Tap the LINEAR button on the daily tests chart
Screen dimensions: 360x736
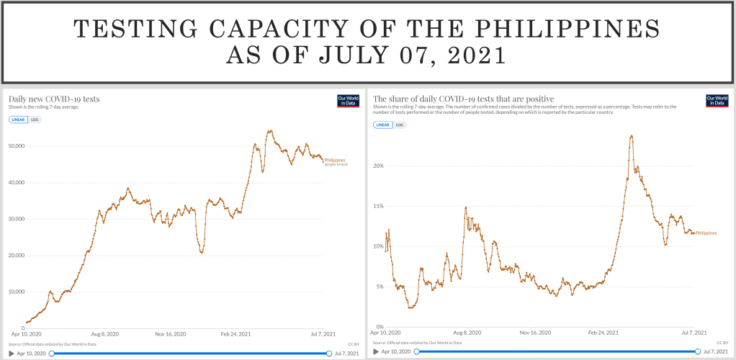pos(19,119)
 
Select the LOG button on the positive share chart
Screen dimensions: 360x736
pos(400,125)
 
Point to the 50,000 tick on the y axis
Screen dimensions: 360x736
pos(16,146)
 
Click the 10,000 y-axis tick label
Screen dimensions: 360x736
pos(16,292)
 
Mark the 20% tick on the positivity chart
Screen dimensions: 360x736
pos(377,166)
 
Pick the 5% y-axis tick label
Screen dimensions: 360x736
pos(379,287)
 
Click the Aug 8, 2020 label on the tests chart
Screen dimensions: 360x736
pos(105,334)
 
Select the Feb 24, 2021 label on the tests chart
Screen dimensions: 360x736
pos(235,334)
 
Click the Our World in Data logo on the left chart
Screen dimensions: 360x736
pos(348,101)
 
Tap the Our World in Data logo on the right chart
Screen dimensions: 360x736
pos(717,101)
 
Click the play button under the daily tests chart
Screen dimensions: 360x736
pos(12,354)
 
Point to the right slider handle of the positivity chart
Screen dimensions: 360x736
pos(698,351)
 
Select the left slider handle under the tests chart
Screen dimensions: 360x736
pos(51,354)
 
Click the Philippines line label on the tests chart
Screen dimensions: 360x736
pos(335,159)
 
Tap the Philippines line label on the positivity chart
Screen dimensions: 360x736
pos(706,233)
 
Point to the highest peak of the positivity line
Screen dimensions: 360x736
pos(632,135)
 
